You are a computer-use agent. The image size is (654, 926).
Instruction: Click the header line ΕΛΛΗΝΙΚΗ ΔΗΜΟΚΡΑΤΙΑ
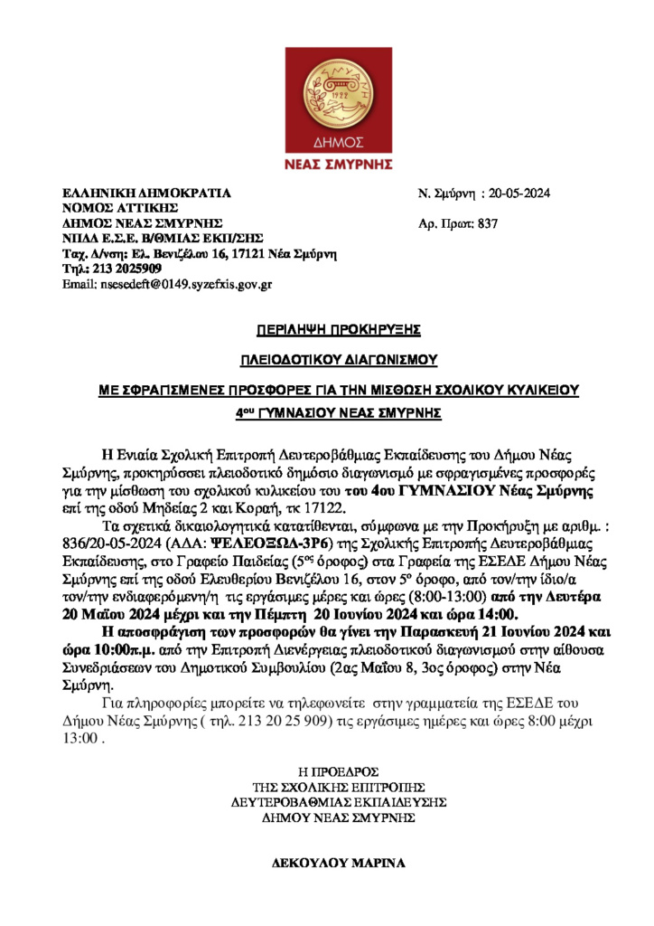[146, 194]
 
